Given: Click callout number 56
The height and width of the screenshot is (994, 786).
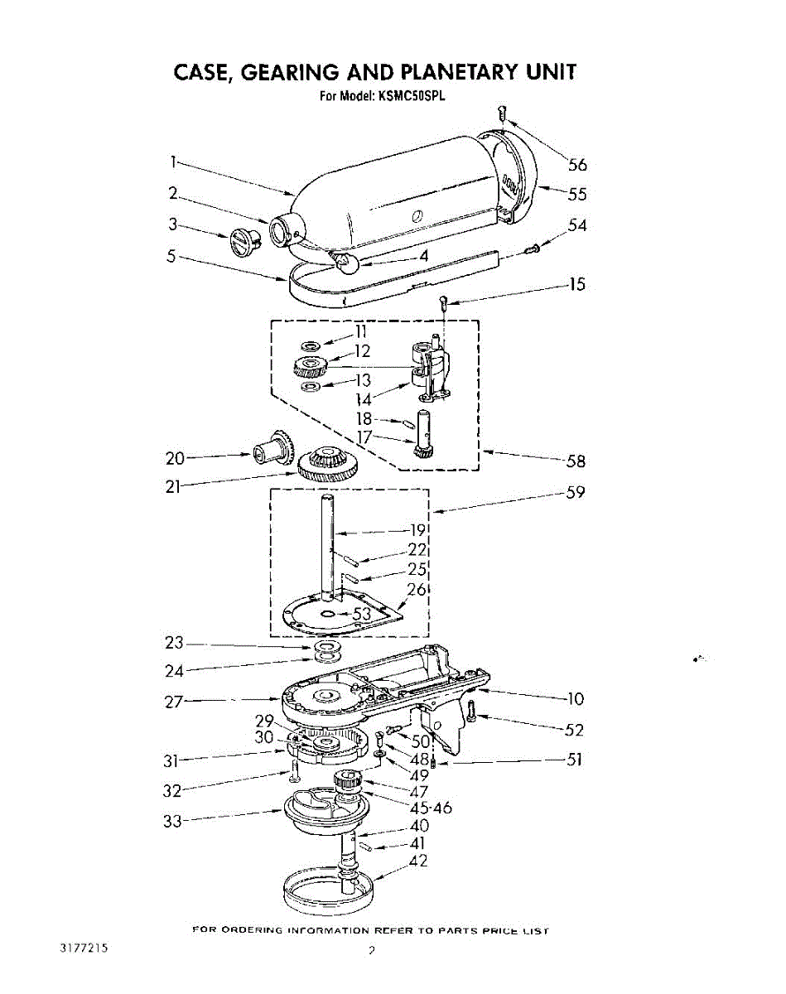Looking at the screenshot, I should [x=576, y=163].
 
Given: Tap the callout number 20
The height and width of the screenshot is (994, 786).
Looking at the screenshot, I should [x=176, y=456].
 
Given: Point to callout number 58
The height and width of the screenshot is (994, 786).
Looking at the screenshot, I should [x=575, y=461].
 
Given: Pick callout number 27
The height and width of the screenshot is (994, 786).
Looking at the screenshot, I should [x=175, y=702].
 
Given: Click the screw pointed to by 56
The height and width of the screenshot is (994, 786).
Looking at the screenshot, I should [x=501, y=113].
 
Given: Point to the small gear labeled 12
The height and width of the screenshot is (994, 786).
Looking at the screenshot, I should [x=311, y=365].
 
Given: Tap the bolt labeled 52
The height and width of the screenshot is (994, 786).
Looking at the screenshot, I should [x=470, y=711].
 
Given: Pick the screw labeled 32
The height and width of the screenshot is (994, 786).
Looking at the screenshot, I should [x=293, y=772].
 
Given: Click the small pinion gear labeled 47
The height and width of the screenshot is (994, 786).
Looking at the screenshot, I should [x=349, y=781].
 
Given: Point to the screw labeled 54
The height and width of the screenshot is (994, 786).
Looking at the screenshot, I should [x=534, y=247].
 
